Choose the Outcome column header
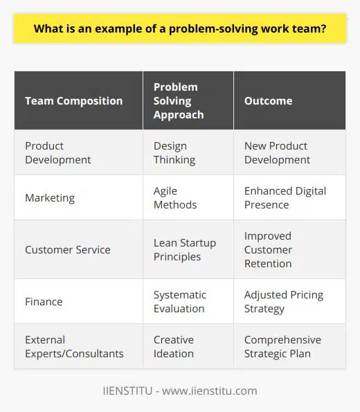tap(267, 100)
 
